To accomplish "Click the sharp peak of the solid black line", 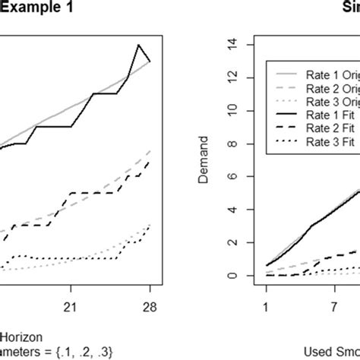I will (x=138, y=45).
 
